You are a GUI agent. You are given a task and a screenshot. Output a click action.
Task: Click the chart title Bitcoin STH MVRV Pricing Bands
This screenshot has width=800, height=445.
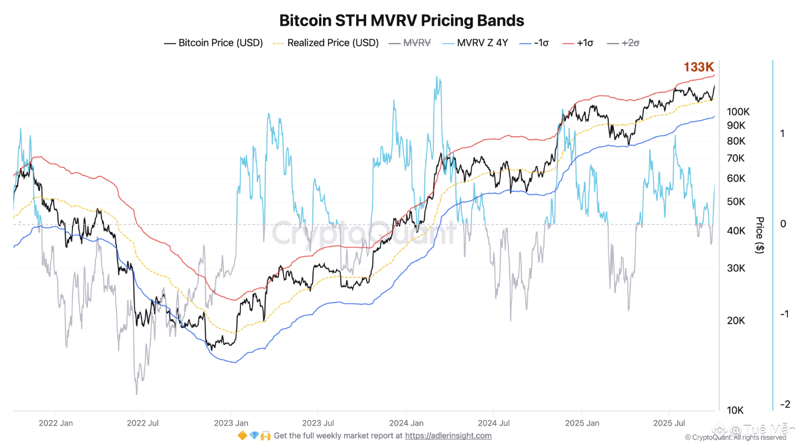pyautogui.click(x=401, y=21)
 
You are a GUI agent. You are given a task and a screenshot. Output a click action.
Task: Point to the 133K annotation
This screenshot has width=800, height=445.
pyautogui.click(x=699, y=67)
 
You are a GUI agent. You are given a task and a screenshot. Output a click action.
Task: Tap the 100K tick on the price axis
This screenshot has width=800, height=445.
pyautogui.click(x=739, y=111)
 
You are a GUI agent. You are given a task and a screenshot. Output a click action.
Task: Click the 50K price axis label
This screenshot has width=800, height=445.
pyautogui.click(x=736, y=201)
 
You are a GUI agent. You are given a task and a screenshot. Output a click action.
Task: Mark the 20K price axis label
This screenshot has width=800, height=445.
pyautogui.click(x=736, y=321)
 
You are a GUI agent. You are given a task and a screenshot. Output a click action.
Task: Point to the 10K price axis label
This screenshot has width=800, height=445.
pyautogui.click(x=736, y=411)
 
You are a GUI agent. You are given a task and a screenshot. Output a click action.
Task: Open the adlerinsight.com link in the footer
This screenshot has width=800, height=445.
pyautogui.click(x=448, y=436)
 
